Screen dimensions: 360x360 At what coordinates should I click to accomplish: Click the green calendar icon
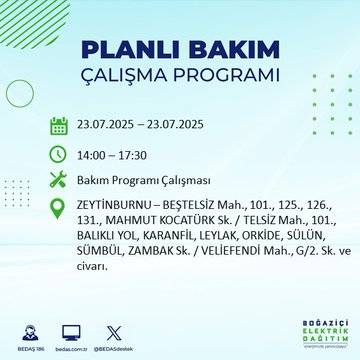pyautogui.click(x=58, y=126)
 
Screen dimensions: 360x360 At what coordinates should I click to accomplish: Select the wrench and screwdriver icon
pyautogui.click(x=58, y=180)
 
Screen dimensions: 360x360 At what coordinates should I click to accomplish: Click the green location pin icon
pyautogui.click(x=58, y=208)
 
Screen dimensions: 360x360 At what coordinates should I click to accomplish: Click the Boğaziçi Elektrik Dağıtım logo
pyautogui.click(x=319, y=330)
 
